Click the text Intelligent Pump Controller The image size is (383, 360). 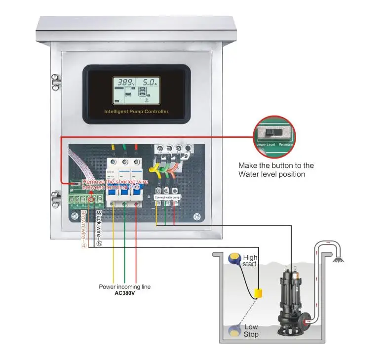tap(136, 112)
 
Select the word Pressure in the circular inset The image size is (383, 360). tap(286, 145)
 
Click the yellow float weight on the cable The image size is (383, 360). tap(258, 293)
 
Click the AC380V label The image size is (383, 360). tap(125, 292)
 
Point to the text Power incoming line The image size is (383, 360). tap(125, 286)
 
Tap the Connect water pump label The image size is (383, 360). tap(167, 197)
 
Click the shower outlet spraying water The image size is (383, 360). tap(338, 259)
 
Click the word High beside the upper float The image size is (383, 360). tap(250, 258)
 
